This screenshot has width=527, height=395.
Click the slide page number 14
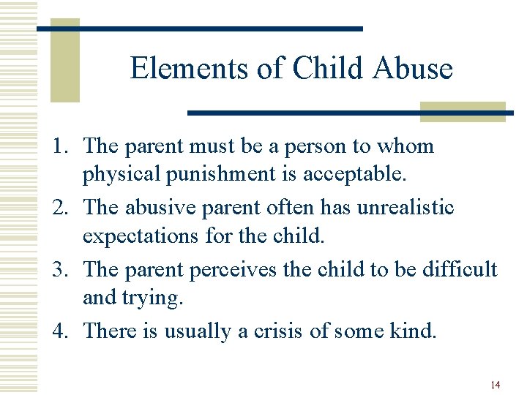(x=495, y=385)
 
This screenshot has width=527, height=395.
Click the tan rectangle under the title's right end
(x=463, y=111)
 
